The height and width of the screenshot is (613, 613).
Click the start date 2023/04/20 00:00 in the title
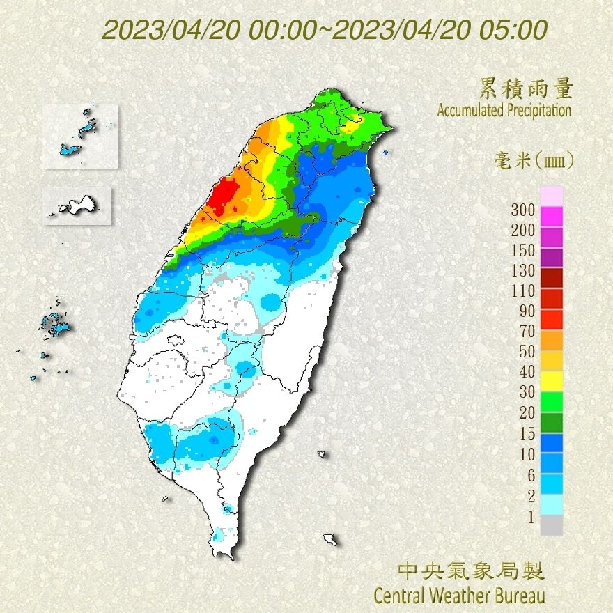(209, 31)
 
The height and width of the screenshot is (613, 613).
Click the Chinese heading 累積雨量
(526, 88)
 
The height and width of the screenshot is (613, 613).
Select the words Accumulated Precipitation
(504, 110)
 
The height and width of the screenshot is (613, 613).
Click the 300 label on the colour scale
(522, 210)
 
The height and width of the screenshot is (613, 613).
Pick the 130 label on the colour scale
(522, 270)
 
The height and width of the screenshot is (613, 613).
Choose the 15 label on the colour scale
(527, 434)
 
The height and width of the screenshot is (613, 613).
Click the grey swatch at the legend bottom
(551, 525)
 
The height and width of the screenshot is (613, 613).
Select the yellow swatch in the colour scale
(551, 381)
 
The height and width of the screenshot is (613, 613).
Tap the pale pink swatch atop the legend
(551, 196)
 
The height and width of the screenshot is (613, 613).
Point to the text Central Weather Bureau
(459, 596)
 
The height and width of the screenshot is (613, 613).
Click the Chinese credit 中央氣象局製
(470, 572)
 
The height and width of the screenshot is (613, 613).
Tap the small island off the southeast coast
(330, 538)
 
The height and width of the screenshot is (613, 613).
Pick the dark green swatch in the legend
(551, 423)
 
